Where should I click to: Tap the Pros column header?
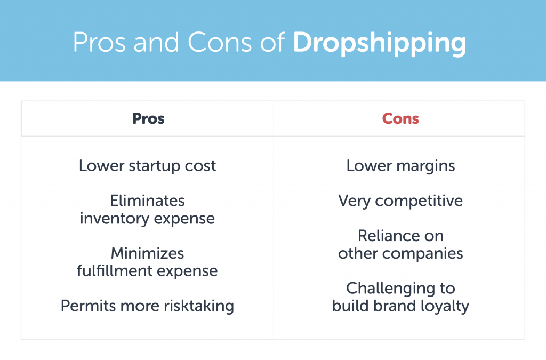[x=148, y=118]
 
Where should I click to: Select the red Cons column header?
[x=400, y=118]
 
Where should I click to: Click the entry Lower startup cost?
[x=148, y=166]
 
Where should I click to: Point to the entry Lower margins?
[x=400, y=166]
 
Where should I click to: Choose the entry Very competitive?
[x=400, y=201]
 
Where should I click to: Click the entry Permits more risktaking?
[x=147, y=306]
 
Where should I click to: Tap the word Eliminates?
[x=148, y=201]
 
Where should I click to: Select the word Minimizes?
[x=148, y=253]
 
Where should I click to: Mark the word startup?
[x=150, y=166]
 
